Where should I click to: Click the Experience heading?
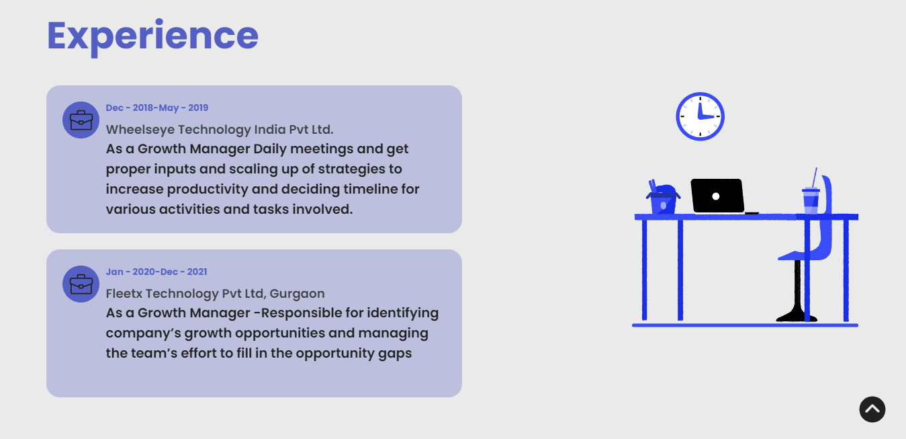click(152, 36)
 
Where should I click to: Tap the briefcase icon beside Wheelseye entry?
click(81, 120)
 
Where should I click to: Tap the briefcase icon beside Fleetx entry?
click(81, 284)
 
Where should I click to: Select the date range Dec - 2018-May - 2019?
click(157, 108)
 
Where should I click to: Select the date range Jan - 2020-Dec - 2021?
click(156, 272)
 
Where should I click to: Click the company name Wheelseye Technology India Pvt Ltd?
click(220, 130)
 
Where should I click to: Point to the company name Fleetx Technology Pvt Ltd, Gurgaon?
click(215, 294)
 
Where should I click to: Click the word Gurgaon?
click(297, 294)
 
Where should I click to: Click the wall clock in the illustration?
click(700, 116)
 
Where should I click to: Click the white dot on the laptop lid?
click(715, 196)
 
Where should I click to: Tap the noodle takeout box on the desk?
click(663, 198)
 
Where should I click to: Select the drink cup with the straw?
click(811, 195)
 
